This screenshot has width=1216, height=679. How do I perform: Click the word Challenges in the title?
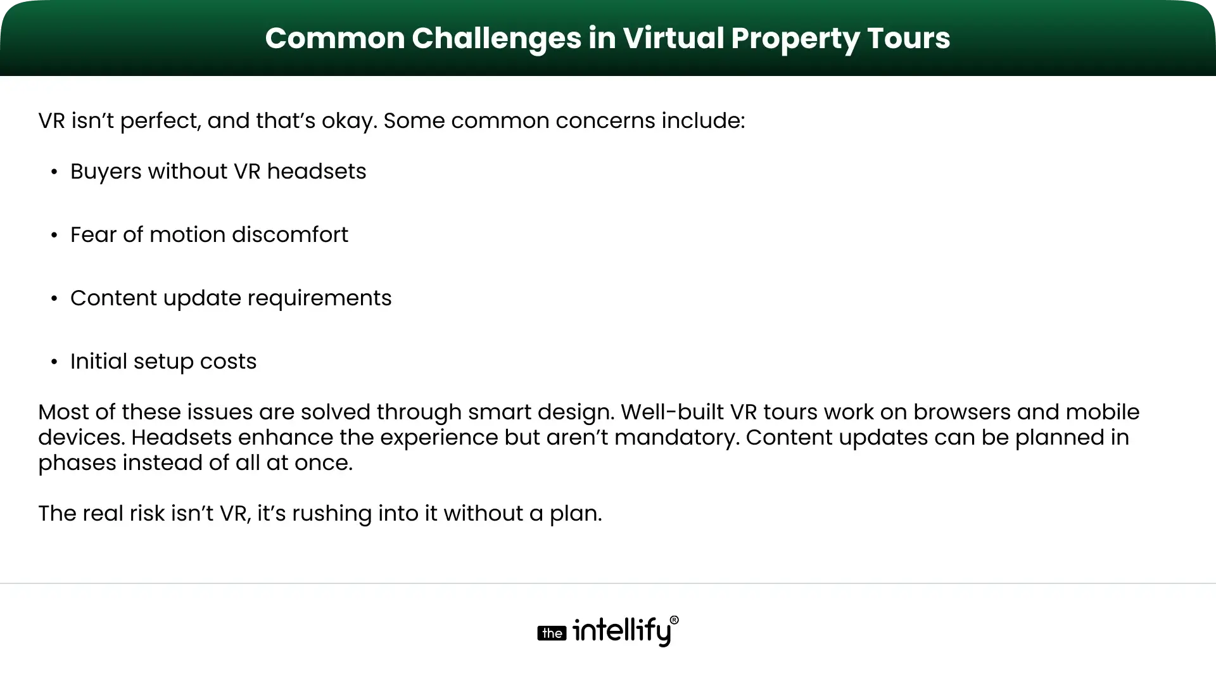[497, 38]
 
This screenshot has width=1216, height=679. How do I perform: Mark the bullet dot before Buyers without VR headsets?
[54, 172]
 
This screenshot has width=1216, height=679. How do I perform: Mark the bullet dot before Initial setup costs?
[54, 362]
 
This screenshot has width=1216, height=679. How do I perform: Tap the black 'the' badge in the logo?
[552, 633]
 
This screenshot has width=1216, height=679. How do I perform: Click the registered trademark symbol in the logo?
[674, 620]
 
